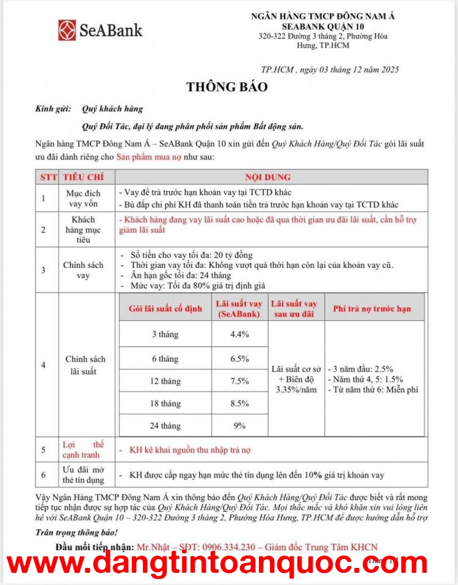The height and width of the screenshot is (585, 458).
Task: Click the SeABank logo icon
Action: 67,30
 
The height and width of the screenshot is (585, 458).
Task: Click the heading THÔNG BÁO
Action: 227,87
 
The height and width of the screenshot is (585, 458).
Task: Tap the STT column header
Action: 48,177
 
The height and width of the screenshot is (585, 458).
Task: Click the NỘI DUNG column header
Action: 267,177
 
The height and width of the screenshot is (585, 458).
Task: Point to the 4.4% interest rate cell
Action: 239,334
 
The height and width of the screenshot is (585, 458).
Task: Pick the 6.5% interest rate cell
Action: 239,359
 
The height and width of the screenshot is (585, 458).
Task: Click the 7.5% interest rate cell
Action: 239,381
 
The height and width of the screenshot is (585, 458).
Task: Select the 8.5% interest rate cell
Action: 239,403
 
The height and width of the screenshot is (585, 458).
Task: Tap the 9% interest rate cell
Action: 239,425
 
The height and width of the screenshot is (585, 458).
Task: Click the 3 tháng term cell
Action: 165,334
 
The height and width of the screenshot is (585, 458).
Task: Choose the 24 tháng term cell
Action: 165,426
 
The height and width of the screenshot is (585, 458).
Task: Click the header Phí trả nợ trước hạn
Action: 371,309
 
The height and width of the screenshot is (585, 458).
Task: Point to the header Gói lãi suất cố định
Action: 165,309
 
